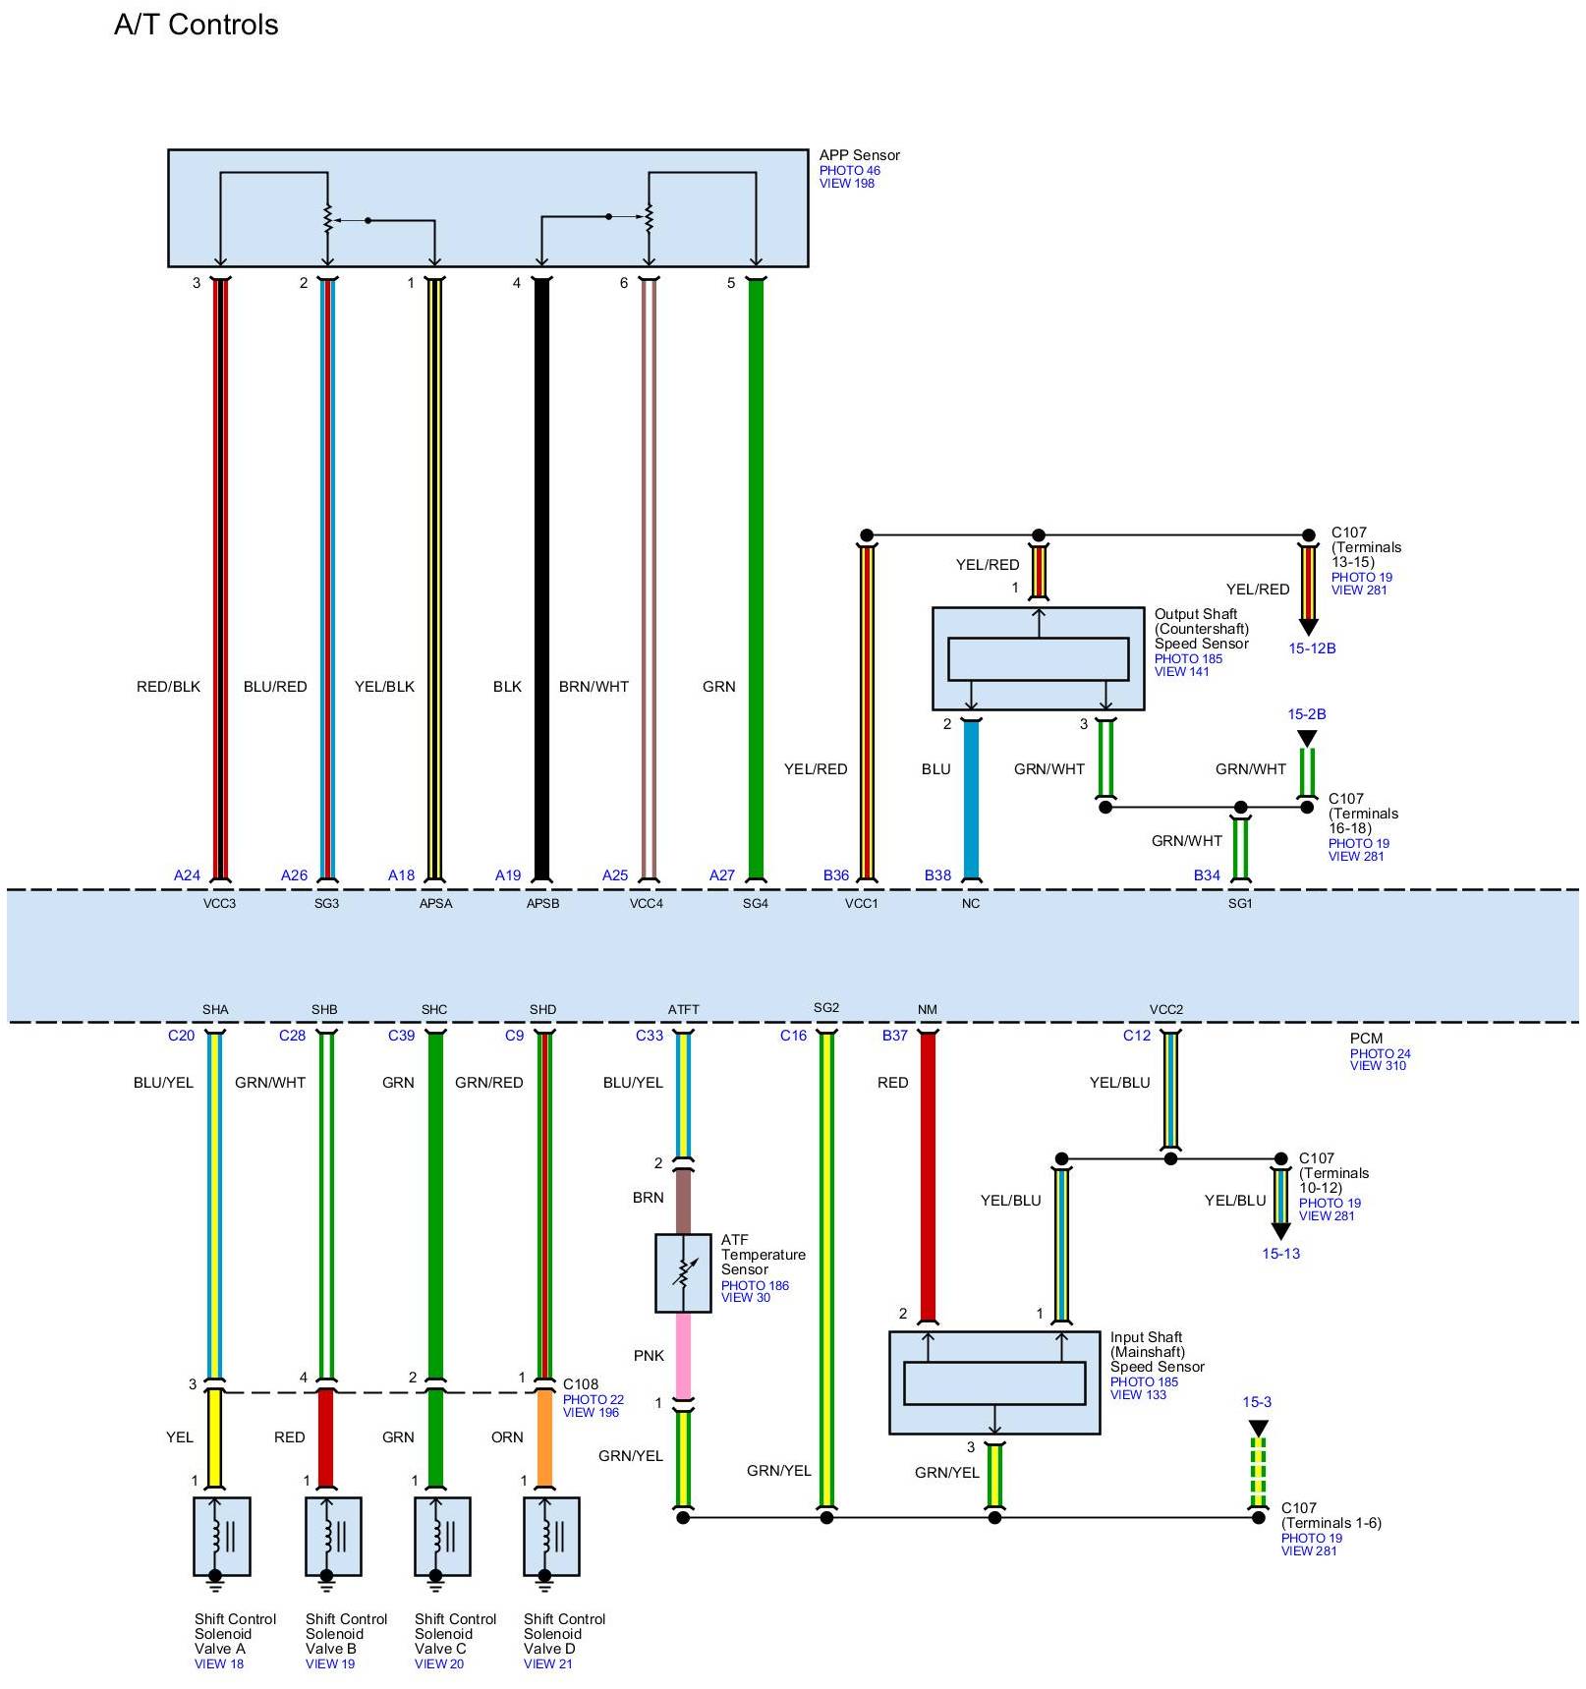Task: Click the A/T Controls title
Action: tap(196, 25)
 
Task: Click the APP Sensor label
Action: tap(859, 155)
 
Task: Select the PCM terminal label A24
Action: tap(187, 874)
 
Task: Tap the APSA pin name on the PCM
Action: tap(435, 903)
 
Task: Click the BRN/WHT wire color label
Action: tap(594, 686)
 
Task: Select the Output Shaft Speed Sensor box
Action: tap(1038, 657)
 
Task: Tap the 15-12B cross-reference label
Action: tap(1312, 648)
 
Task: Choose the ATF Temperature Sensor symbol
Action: tap(683, 1272)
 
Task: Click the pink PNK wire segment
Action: tap(683, 1355)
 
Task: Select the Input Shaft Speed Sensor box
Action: tap(993, 1381)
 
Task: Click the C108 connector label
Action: tap(580, 1383)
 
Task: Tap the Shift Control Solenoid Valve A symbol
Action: tap(222, 1536)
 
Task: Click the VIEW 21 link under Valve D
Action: tap(548, 1663)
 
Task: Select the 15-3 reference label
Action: tap(1257, 1402)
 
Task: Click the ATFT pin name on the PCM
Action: tap(683, 1009)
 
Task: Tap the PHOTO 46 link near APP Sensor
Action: tap(849, 170)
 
